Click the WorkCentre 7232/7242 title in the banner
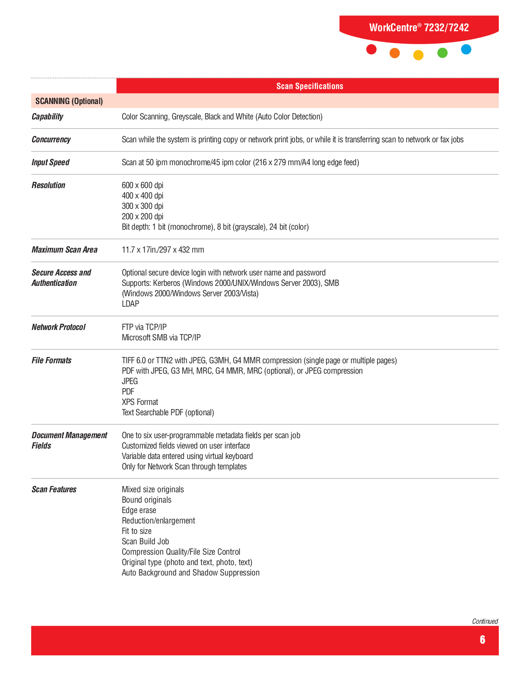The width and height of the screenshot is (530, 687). point(419,28)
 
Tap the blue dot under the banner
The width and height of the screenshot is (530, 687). point(466,50)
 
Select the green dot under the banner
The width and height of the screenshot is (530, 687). point(442,53)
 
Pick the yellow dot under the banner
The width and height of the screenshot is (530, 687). point(418,55)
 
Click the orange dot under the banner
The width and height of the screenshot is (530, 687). point(394,53)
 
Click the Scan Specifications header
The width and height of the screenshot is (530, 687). point(310,86)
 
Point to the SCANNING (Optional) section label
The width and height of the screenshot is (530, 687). point(69,101)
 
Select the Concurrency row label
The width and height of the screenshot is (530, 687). point(51,139)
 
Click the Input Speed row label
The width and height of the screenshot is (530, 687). point(50,162)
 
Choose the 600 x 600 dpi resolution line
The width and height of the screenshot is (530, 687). point(143,185)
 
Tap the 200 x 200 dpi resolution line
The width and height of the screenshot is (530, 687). point(143,216)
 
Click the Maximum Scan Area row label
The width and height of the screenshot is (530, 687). point(64,250)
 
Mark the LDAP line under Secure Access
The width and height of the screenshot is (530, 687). point(131,304)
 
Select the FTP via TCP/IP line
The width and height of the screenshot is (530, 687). point(144,327)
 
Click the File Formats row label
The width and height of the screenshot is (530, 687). point(52,360)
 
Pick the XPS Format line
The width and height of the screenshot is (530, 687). point(140,402)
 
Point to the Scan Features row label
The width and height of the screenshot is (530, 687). point(54,489)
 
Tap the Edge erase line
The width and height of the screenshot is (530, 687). point(139,510)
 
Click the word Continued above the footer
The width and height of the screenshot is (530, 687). point(485,621)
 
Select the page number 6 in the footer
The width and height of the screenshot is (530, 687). point(482,640)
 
